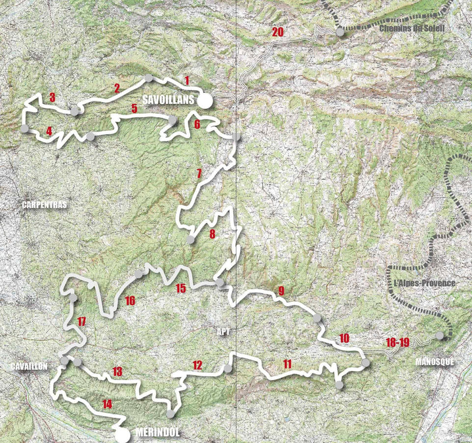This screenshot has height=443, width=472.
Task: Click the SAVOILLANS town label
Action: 168,101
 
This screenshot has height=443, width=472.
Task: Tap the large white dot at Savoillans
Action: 205,101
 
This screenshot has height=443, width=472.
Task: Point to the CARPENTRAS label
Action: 44,205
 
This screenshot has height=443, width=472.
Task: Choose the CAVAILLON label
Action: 29,366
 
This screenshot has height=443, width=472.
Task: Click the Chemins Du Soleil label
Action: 412,28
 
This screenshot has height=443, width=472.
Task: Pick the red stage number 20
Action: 277,32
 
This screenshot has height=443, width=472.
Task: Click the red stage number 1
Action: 187,80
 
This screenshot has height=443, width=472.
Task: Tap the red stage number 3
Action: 52,98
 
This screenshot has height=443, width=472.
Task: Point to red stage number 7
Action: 199,174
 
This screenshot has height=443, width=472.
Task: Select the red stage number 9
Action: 281,291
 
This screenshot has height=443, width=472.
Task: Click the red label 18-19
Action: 398,342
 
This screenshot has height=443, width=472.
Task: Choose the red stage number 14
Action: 107,404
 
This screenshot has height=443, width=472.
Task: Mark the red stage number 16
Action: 129,301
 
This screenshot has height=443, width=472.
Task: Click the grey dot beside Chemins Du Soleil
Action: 340,30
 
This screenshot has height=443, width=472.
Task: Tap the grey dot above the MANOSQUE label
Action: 440,336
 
